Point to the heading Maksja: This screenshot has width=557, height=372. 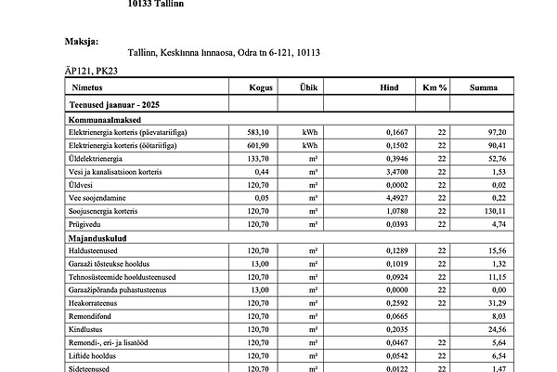click(x=81, y=41)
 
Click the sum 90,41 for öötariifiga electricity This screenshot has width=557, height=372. click(x=497, y=146)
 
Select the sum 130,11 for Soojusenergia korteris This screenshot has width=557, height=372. click(x=495, y=211)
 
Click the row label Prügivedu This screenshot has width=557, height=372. click(x=87, y=225)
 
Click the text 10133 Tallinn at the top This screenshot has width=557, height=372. click(x=156, y=4)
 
